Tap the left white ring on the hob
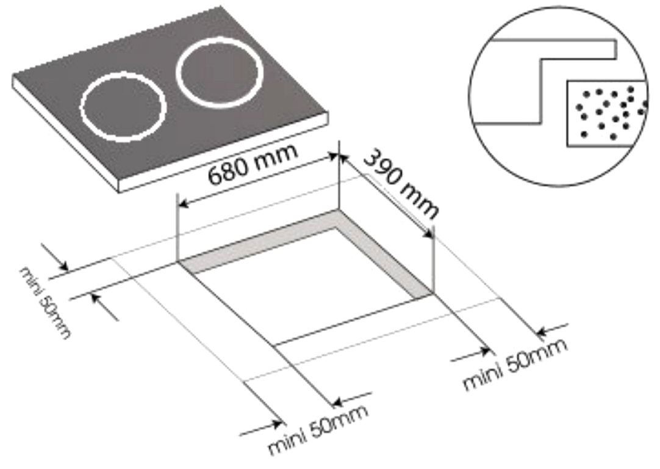click(123, 107)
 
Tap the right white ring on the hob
click(220, 71)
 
